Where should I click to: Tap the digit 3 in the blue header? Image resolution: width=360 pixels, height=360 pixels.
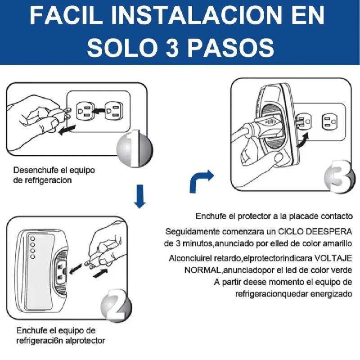[172, 48]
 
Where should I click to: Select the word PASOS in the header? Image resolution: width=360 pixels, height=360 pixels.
[231, 48]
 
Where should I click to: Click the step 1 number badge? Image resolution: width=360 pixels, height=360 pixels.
[135, 149]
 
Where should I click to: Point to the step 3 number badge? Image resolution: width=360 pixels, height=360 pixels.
[339, 176]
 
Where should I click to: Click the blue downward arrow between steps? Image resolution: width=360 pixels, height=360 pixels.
[139, 196]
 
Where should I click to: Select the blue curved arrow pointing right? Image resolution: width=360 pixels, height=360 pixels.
[200, 181]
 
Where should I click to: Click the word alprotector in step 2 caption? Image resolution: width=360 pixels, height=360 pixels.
[85, 341]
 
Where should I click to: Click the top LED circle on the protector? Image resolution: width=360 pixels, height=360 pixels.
[32, 239]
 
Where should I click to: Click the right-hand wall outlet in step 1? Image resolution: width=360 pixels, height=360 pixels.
[114, 111]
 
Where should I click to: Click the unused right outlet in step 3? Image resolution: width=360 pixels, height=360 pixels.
[330, 121]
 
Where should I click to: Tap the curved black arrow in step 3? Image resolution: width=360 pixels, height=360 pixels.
[302, 140]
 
